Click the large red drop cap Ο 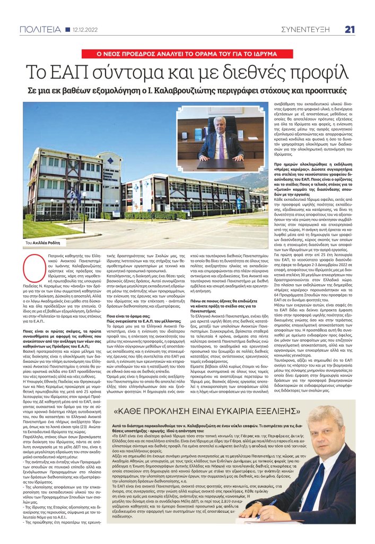pyautogui.click(x=32, y=262)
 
